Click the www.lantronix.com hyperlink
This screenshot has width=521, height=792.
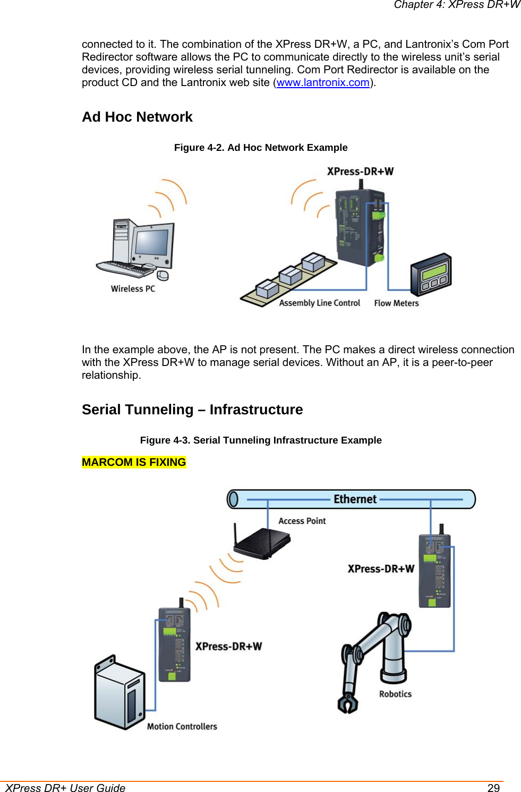tap(323, 82)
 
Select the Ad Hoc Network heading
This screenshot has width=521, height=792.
tap(137, 117)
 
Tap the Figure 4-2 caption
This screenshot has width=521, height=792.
tap(261, 148)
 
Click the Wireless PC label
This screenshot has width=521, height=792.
tap(133, 289)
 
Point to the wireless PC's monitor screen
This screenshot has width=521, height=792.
tap(152, 242)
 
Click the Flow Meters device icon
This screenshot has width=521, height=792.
tap(431, 274)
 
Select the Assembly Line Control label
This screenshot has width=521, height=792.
tap(320, 303)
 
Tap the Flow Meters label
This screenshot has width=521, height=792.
tap(396, 303)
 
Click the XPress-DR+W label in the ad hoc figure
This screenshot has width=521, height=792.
tap(360, 172)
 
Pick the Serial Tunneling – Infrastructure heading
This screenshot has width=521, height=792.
tap(192, 410)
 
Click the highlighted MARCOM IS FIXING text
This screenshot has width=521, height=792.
tap(134, 462)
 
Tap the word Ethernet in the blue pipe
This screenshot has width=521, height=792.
tap(355, 499)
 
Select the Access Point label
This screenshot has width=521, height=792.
tap(302, 521)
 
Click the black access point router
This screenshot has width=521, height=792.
tap(262, 543)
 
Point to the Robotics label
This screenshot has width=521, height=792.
tap(395, 694)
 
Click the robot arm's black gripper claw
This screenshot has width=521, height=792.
tap(348, 704)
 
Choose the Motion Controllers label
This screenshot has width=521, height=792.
tap(182, 727)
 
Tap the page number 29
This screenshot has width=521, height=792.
tap(493, 788)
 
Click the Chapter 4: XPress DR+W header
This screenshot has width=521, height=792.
tap(457, 5)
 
